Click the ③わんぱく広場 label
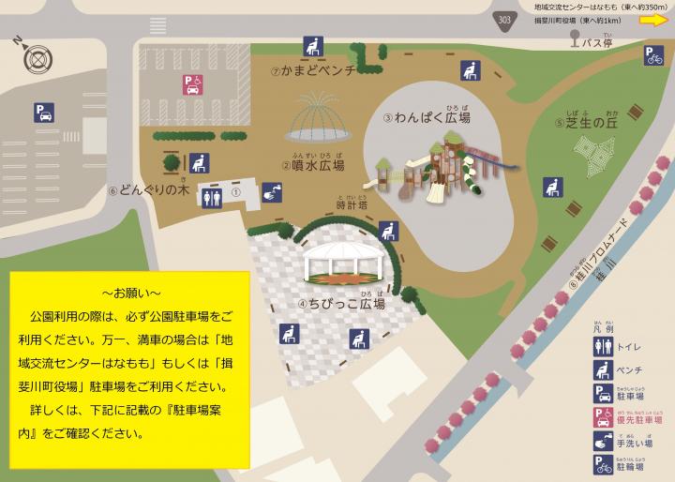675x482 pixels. point(427,118)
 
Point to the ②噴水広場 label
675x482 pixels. point(312,165)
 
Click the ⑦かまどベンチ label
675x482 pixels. point(309,71)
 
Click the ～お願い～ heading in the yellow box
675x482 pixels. point(131,287)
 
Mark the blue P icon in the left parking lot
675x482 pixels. point(44,113)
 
